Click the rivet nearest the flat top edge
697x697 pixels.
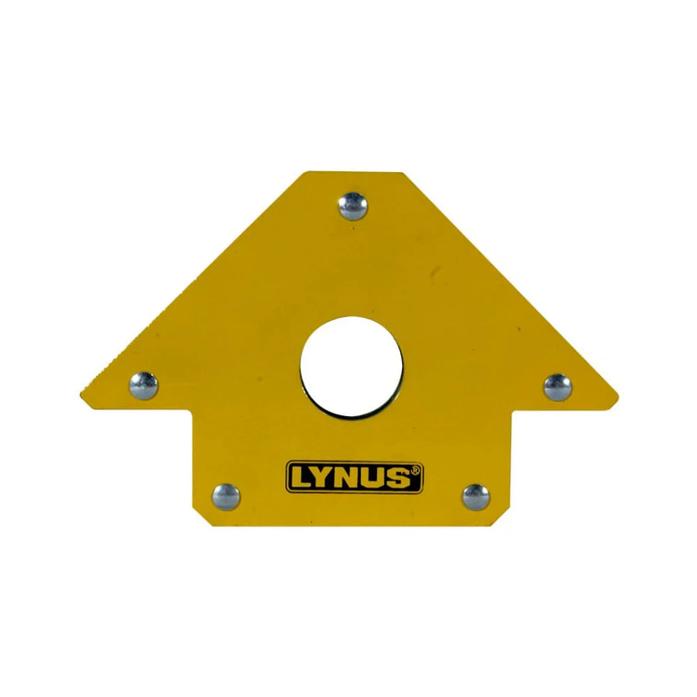tap(353, 206)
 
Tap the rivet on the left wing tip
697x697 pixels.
tap(144, 385)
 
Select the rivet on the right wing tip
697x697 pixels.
tap(558, 387)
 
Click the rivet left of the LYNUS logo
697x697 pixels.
tap(226, 497)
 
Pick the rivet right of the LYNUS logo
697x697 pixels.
tap(476, 497)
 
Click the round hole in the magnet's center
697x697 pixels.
tap(351, 367)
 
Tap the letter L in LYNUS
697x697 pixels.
tap(301, 478)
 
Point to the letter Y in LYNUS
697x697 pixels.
tap(323, 478)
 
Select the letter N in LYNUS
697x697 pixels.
tap(348, 478)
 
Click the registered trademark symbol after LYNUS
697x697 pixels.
tap(415, 470)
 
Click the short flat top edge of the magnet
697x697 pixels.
tap(354, 173)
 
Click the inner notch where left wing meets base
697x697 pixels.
tap(192, 409)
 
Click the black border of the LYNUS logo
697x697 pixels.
tap(354, 463)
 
